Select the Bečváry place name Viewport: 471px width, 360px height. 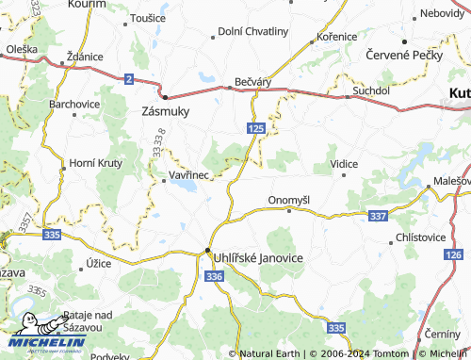point(252,82)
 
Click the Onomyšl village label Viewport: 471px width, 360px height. point(289,200)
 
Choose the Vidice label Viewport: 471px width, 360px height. point(344,164)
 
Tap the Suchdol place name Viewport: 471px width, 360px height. point(370,90)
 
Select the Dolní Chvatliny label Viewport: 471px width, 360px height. point(253,31)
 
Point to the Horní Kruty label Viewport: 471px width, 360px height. point(95,163)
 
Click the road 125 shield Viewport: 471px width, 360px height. point(257,126)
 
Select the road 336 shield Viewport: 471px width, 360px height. point(214,277)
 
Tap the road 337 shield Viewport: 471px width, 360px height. point(379,217)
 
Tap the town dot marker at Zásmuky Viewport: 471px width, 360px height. point(165,96)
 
